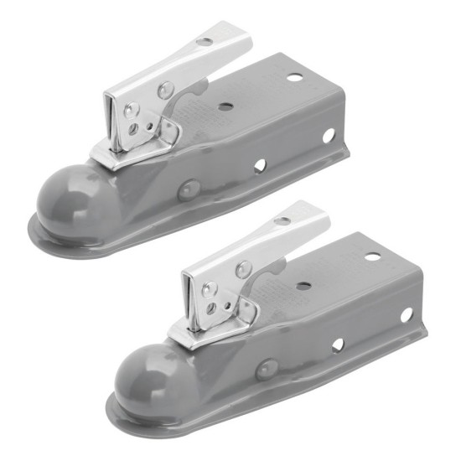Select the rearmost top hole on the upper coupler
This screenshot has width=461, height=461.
tap(295, 77)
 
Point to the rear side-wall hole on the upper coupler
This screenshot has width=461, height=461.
tap(329, 135)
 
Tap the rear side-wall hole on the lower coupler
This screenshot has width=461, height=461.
tap(406, 314)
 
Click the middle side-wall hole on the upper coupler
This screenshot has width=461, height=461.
tap(260, 165)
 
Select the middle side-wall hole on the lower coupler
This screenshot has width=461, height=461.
tap(337, 344)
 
